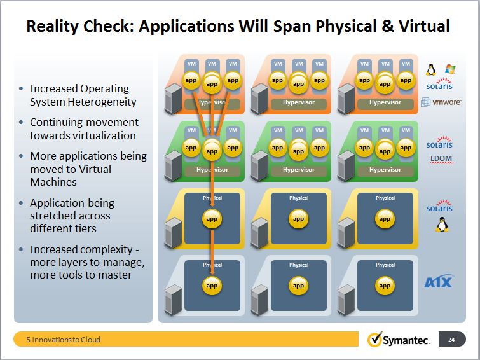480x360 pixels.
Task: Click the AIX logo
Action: [439, 281]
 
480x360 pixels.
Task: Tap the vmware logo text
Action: [447, 102]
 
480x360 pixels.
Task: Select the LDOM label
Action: [441, 159]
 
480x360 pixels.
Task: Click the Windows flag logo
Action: [450, 69]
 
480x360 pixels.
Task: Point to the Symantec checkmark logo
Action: [374, 339]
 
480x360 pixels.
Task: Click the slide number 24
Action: [451, 340]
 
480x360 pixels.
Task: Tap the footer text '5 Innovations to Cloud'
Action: [64, 340]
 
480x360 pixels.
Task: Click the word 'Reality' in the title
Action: [53, 26]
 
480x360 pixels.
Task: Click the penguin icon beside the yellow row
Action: [441, 225]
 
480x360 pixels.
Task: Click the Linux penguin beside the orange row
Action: [431, 69]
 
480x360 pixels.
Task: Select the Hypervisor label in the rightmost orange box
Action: [385, 102]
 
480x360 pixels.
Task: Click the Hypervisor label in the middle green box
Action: [298, 170]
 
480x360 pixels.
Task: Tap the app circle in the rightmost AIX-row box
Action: [385, 286]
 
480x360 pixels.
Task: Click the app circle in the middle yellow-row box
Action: [298, 219]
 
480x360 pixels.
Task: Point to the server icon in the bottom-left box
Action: [173, 300]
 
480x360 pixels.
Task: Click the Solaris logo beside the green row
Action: [439, 142]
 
